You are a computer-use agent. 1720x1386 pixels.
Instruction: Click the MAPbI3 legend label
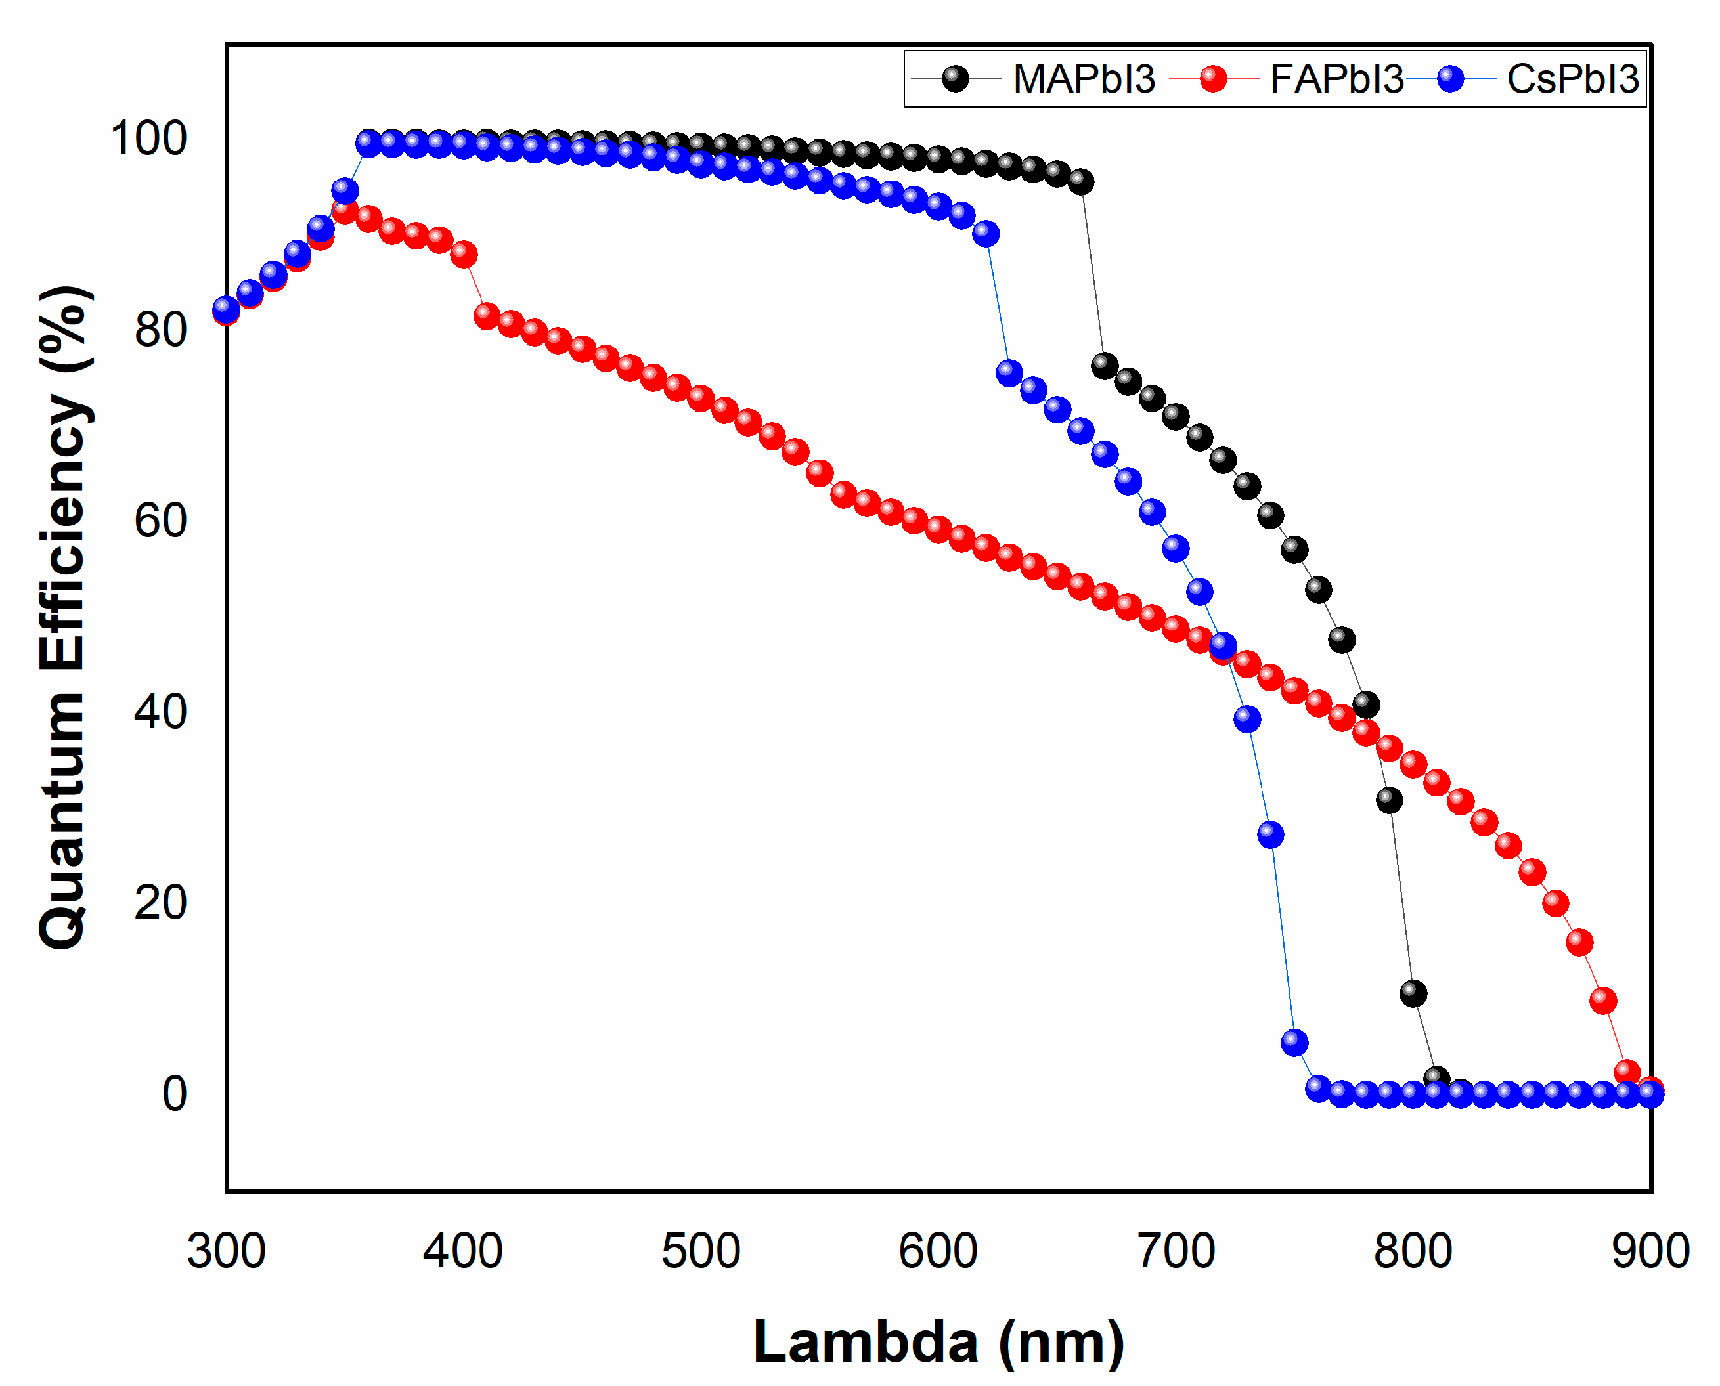1084,79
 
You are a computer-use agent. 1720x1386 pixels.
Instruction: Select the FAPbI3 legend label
1336,79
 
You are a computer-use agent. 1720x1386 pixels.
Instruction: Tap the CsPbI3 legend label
1572,79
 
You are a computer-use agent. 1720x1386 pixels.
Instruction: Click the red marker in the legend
1213,79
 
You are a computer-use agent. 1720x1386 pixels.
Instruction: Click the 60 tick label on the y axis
160,521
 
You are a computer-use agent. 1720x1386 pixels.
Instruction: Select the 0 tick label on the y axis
175,1094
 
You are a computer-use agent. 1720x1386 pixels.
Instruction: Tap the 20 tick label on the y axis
160,903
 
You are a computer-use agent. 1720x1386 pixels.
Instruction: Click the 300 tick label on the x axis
226,1251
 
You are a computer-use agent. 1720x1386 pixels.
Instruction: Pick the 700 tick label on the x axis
1176,1251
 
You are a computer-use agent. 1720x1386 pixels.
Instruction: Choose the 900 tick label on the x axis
1650,1251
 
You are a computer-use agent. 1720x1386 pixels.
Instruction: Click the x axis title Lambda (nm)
939,1342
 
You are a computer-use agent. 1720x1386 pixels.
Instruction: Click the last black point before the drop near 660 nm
1080,182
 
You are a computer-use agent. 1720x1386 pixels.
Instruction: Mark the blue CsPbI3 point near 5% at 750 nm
1294,1043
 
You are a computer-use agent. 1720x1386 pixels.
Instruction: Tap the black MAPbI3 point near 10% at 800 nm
1413,994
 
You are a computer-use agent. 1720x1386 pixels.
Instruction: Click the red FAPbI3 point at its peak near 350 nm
345,211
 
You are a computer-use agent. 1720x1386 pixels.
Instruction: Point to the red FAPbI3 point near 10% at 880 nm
1603,1001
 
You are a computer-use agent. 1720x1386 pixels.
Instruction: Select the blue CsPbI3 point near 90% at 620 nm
986,234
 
